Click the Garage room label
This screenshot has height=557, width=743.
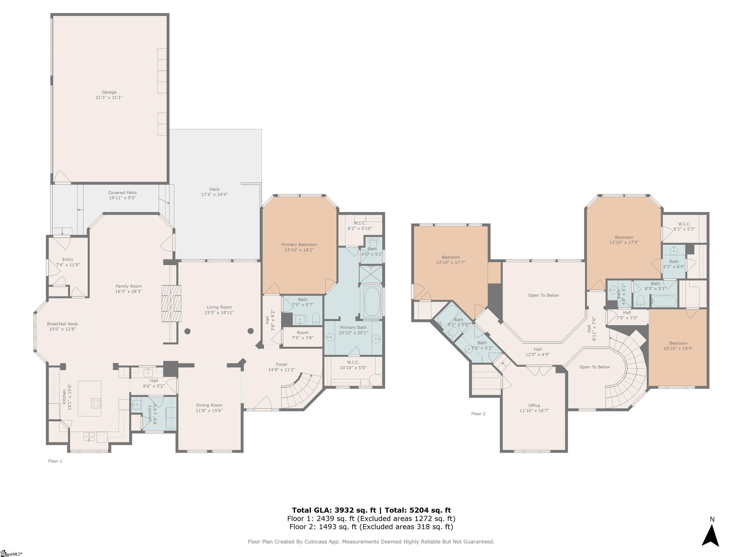(109, 92)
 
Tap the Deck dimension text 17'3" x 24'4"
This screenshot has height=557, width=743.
(214, 194)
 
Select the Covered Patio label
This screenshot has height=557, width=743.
(122, 193)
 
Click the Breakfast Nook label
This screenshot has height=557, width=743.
(62, 324)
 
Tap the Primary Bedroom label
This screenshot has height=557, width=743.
(299, 245)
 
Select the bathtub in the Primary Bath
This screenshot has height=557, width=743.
(371, 301)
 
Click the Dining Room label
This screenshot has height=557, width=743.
(209, 405)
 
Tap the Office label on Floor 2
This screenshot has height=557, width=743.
(534, 406)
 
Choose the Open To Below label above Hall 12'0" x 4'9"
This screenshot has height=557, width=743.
(543, 295)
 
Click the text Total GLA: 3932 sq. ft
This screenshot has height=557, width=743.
(334, 510)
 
